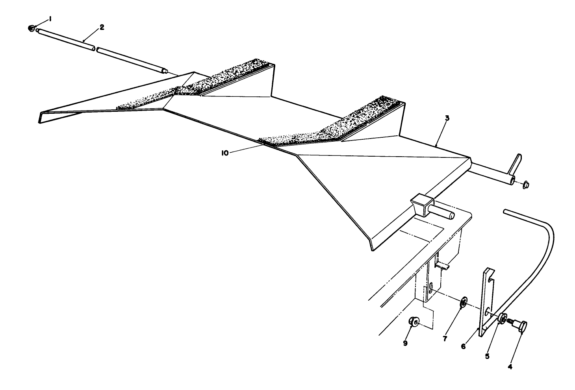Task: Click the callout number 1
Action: pyautogui.click(x=50, y=19)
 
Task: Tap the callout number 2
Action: pyautogui.click(x=102, y=28)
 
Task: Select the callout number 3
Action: pyautogui.click(x=447, y=118)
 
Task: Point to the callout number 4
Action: pyautogui.click(x=510, y=367)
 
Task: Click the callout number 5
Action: pyautogui.click(x=487, y=357)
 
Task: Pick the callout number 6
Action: pyautogui.click(x=463, y=346)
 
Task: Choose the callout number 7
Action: pyautogui.click(x=445, y=339)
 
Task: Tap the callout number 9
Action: pyautogui.click(x=405, y=343)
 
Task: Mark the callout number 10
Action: pyautogui.click(x=225, y=153)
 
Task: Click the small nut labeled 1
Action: pyautogui.click(x=32, y=28)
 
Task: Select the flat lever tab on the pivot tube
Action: pyautogui.click(x=515, y=165)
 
